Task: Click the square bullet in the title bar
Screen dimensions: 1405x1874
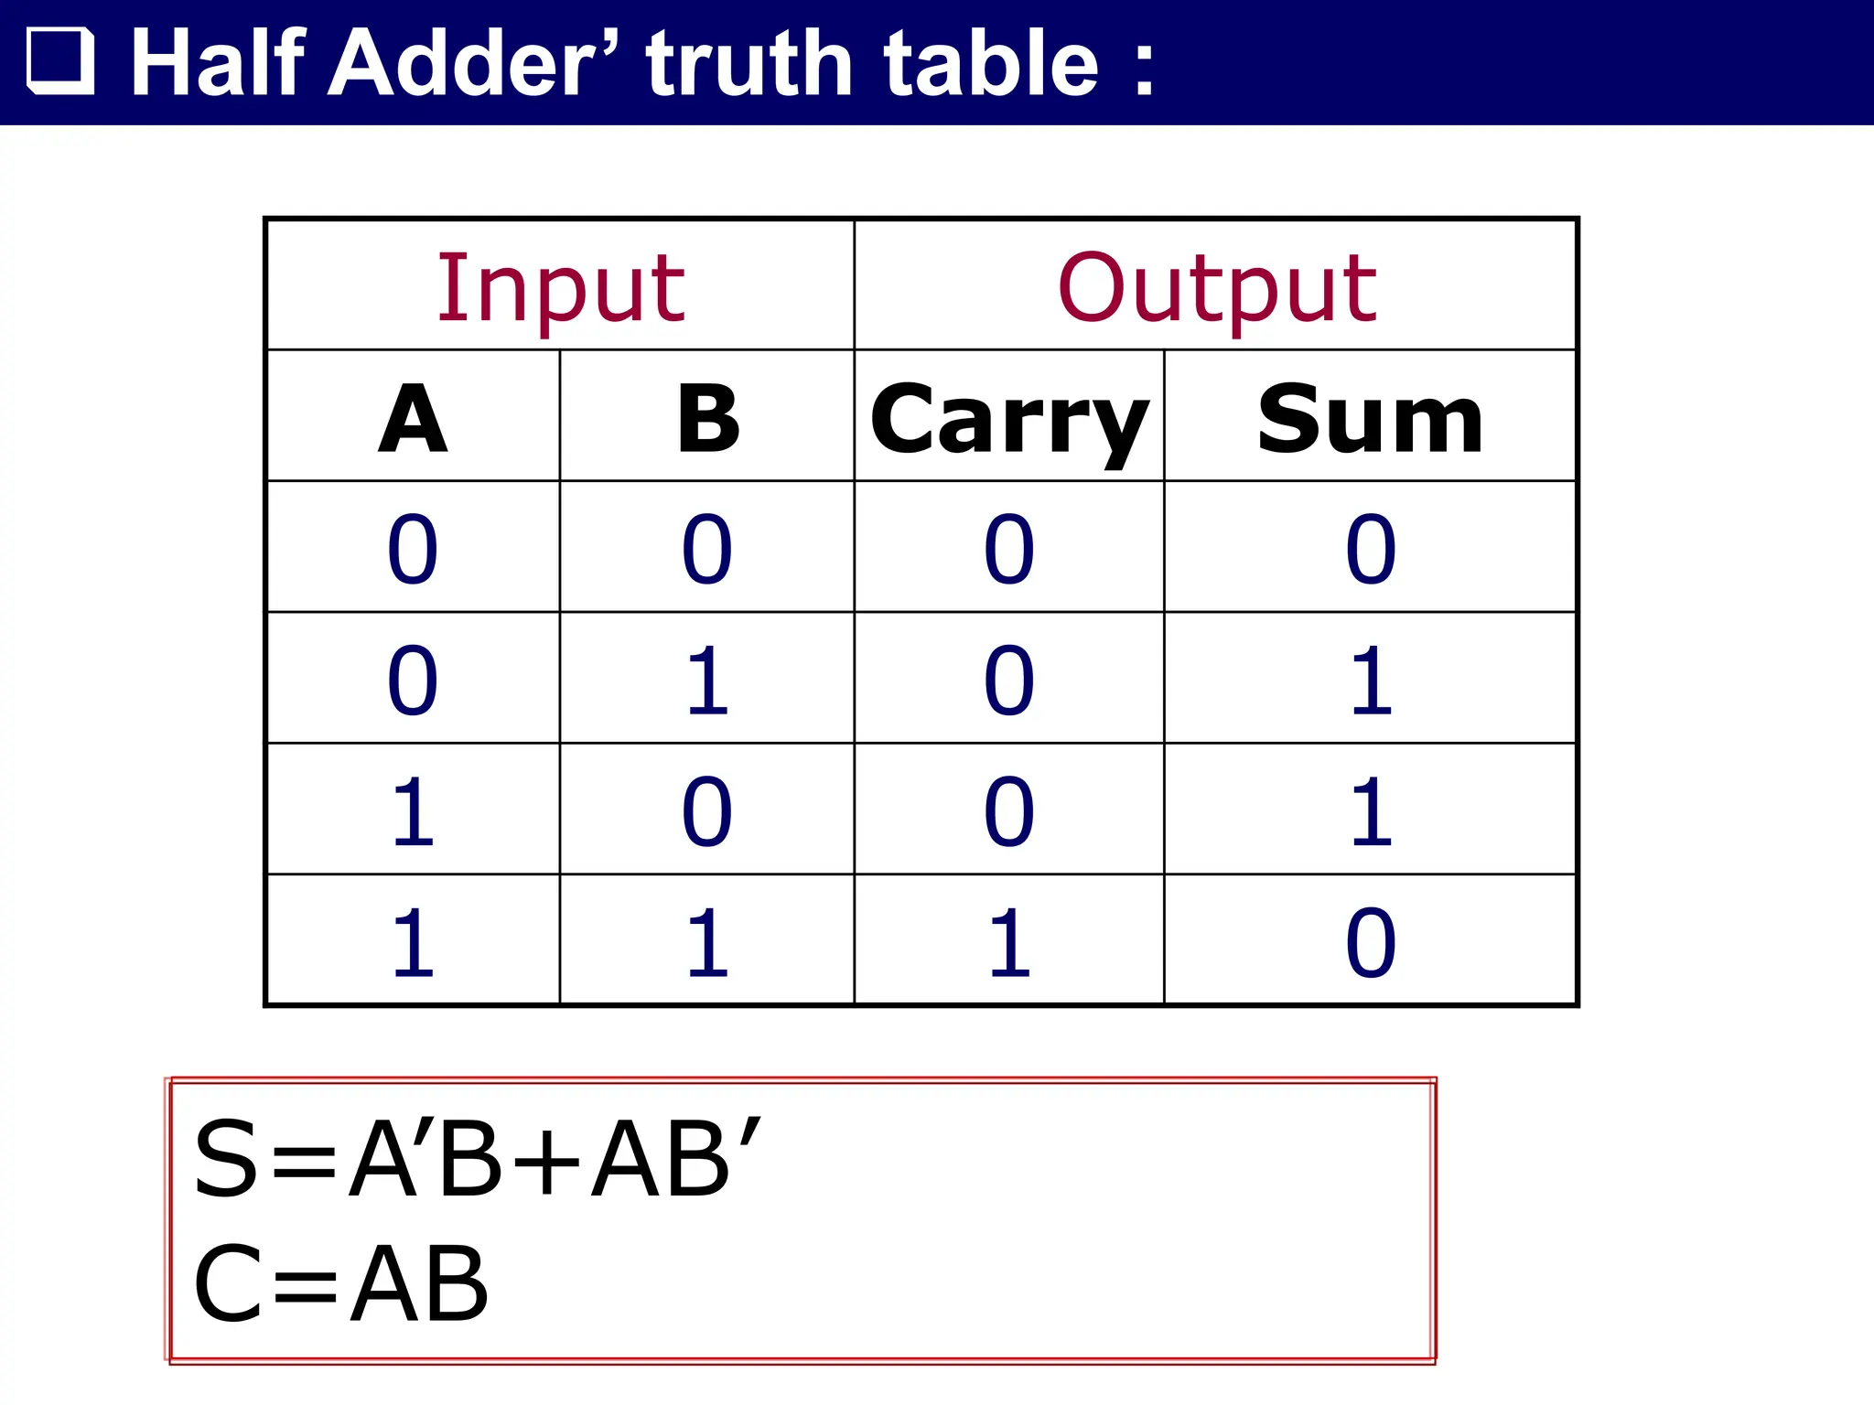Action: coord(60,62)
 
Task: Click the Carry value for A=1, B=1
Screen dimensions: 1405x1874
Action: coord(1009,943)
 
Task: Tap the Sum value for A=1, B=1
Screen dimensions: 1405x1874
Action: coord(1371,943)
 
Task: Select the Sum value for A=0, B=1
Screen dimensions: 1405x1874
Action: coord(1371,681)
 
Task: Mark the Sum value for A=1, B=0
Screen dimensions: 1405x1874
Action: coord(1371,811)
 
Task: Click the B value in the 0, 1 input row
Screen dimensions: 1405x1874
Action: coord(707,681)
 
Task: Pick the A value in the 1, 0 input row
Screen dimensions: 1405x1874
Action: coord(413,811)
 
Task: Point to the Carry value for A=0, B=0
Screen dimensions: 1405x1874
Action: coord(1009,550)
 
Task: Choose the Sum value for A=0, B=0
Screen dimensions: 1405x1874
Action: coord(1371,550)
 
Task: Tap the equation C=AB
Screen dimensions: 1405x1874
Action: coord(341,1283)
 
